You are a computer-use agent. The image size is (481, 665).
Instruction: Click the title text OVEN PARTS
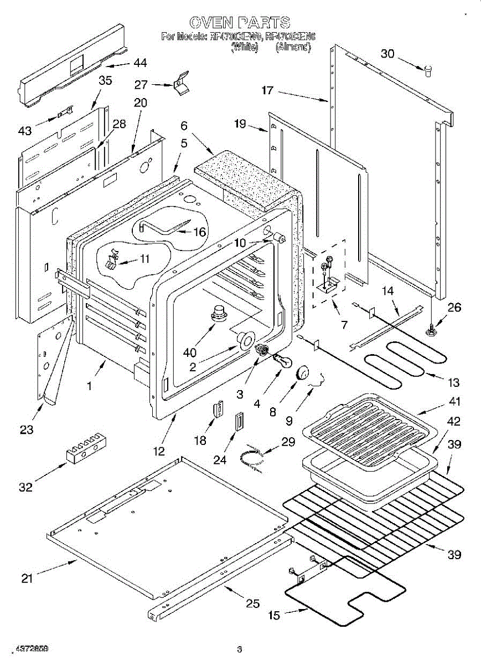[x=240, y=23]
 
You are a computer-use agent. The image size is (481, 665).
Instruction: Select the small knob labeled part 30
[x=427, y=70]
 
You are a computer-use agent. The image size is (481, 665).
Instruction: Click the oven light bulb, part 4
[x=284, y=363]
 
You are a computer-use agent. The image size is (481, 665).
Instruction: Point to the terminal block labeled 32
[x=86, y=445]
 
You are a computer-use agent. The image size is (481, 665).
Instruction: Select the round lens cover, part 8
[x=302, y=373]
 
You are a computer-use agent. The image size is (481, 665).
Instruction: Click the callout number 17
[x=267, y=89]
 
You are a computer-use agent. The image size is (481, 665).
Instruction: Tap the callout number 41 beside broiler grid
[x=454, y=401]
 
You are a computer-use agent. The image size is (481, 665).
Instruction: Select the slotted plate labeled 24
[x=240, y=422]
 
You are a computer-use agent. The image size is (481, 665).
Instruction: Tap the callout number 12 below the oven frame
[x=159, y=451]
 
